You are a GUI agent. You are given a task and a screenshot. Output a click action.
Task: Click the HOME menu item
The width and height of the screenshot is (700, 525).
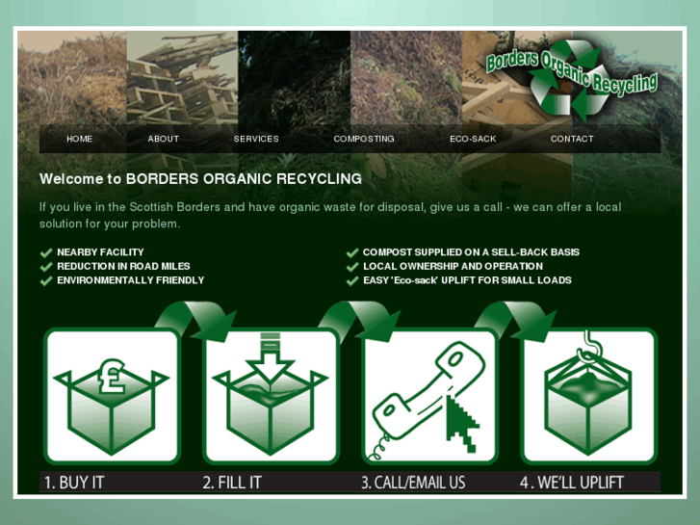(80, 139)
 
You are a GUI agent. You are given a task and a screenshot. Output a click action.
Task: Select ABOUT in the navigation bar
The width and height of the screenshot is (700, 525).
(164, 139)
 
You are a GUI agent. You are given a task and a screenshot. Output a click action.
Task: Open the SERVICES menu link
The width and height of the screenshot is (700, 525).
(256, 139)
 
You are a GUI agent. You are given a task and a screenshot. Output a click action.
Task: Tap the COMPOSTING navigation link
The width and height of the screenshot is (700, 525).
(364, 139)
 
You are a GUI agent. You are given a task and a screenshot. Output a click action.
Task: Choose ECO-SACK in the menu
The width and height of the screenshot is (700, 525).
(473, 139)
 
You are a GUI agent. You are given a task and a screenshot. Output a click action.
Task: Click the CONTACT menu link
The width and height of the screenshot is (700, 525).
(572, 139)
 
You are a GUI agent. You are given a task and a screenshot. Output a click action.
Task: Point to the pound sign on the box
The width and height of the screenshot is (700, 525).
(111, 377)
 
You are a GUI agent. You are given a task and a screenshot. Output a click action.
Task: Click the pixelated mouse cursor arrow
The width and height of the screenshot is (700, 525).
(462, 422)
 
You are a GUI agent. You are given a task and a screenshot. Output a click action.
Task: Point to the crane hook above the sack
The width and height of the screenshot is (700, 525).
(587, 345)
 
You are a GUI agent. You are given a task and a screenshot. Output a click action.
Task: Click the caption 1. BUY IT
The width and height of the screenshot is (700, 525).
(74, 483)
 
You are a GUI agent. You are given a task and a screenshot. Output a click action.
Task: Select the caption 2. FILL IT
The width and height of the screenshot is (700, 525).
(232, 483)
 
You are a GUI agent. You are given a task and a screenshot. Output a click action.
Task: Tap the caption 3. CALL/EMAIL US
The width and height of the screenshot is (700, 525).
(413, 483)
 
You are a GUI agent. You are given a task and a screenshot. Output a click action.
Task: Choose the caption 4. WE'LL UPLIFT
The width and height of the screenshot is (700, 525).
(572, 483)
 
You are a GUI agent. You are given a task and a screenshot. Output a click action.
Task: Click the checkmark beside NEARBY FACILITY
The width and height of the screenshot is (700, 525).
(46, 253)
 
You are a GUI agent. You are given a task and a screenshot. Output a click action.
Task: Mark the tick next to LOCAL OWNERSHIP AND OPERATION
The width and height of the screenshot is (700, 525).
(352, 267)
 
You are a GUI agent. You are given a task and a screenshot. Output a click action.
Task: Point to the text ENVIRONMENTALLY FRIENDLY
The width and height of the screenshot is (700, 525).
(130, 280)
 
